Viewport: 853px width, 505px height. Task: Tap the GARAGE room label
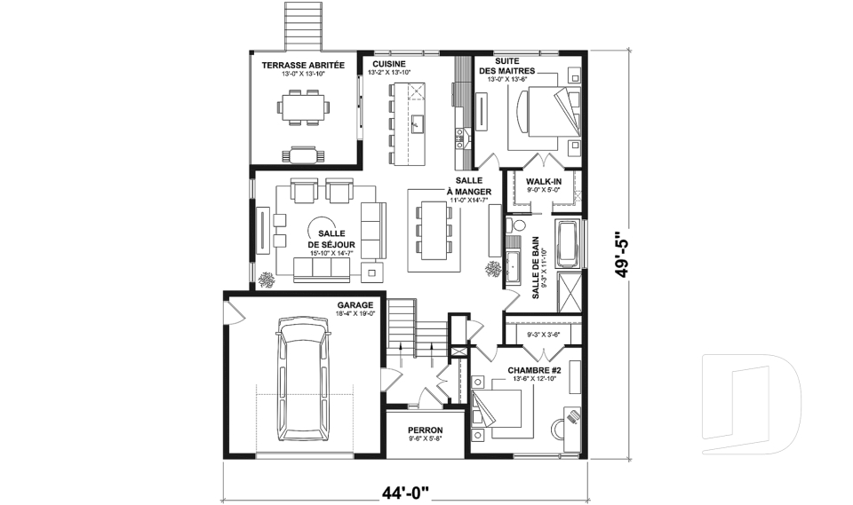click(x=354, y=304)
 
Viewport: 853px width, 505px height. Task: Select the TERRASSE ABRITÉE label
click(x=296, y=66)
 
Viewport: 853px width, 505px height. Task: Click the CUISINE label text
click(x=389, y=65)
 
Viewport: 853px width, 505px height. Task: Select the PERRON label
click(x=425, y=429)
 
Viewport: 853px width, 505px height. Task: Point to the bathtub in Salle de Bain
click(x=568, y=242)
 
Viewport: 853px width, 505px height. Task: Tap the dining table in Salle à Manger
click(x=434, y=229)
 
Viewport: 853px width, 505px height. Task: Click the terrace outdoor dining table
click(x=303, y=108)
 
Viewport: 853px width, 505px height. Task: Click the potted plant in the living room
click(x=266, y=280)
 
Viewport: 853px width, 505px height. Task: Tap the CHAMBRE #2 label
click(x=532, y=369)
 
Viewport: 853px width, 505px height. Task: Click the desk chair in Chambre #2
click(x=571, y=415)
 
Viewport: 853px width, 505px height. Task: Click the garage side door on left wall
click(x=228, y=311)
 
